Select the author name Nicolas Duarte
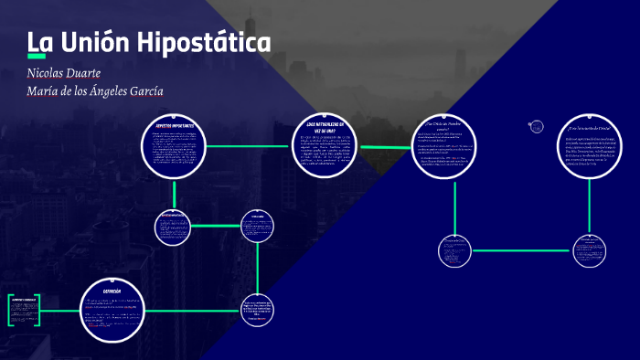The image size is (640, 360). point(63,72)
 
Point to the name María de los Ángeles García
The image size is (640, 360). point(95,90)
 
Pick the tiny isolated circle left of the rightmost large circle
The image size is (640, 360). point(537,127)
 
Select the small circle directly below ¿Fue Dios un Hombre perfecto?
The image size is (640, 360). point(454,250)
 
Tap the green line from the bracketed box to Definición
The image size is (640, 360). point(59,309)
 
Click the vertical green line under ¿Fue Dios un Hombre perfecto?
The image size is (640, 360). point(454,206)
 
